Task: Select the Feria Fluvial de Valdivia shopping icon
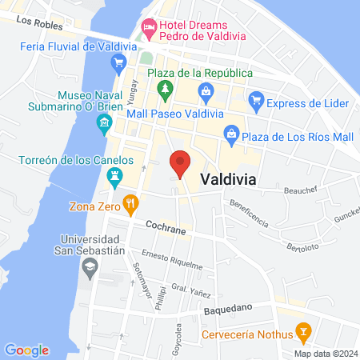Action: [x=119, y=62]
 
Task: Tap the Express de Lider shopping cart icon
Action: [x=256, y=100]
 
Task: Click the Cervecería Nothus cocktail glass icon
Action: [x=303, y=330]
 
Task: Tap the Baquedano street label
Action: [x=228, y=307]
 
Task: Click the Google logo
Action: [x=26, y=350]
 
